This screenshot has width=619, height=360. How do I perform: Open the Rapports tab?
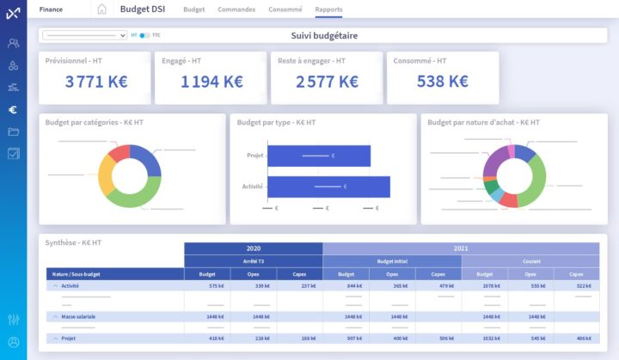[328, 9]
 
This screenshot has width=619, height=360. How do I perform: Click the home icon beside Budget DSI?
[101, 9]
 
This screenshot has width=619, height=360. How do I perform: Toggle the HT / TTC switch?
[144, 36]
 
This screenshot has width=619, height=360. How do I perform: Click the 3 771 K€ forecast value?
[96, 82]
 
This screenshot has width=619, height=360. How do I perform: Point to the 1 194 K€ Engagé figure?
[211, 82]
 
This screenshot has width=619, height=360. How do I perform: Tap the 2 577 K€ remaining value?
[327, 82]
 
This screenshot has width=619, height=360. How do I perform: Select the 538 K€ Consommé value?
[442, 82]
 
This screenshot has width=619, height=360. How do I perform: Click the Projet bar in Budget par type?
[319, 156]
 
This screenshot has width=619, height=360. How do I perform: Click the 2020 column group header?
[254, 248]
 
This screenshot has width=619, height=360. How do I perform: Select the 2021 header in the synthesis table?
[461, 248]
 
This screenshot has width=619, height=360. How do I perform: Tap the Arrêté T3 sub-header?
[254, 261]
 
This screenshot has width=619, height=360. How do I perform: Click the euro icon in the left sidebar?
[13, 109]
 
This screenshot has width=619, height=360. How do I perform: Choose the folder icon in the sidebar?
[13, 131]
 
